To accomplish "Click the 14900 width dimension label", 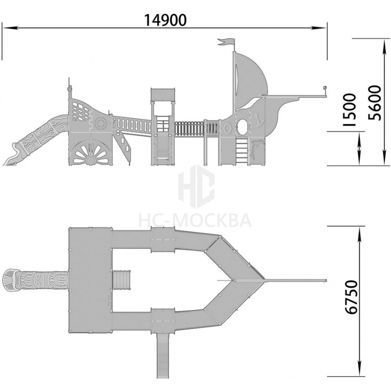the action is click(x=165, y=20).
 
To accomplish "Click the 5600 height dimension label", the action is click(x=375, y=103).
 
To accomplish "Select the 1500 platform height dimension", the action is click(x=349, y=110).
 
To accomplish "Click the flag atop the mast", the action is click(x=226, y=42).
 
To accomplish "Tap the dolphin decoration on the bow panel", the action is click(x=255, y=149).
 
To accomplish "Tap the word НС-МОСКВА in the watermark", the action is click(x=195, y=221).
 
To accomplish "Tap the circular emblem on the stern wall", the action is click(x=101, y=123).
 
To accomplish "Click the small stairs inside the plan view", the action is click(x=121, y=281).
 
